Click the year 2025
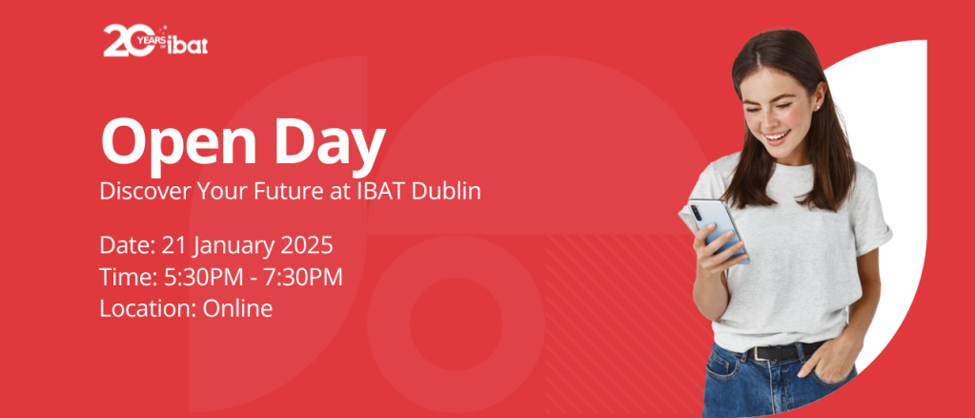coord(307,245)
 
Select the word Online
coord(237,308)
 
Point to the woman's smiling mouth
coord(778,136)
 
